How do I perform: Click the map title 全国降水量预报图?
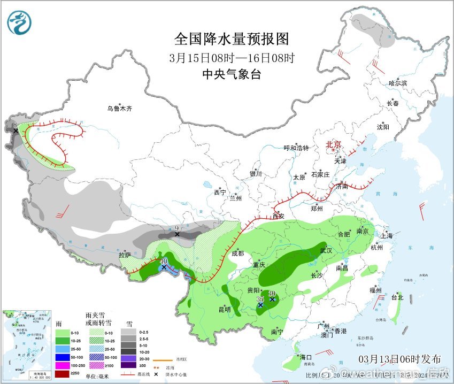232,39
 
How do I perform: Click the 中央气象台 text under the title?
232,74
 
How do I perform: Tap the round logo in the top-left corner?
19,22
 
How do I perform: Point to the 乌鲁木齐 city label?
119,109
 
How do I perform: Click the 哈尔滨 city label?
397,83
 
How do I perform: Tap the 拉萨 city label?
125,255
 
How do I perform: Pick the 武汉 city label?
326,250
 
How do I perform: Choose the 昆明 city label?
224,309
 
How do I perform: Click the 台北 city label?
397,297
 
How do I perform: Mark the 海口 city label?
305,357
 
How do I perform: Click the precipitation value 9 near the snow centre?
177,228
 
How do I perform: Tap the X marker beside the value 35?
260,305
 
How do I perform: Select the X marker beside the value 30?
272,299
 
